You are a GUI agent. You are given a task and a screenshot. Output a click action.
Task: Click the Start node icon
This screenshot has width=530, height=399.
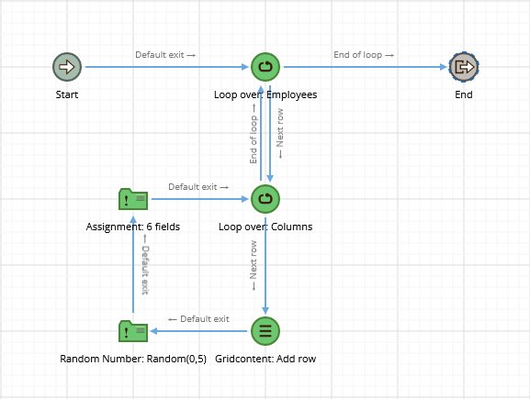point(67,67)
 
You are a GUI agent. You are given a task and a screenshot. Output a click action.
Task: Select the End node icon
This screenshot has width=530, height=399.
point(464,67)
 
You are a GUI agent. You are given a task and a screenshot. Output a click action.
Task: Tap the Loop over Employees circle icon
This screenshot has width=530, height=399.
point(265,67)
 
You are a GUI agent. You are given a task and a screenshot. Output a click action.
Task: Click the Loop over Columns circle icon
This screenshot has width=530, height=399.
point(265,199)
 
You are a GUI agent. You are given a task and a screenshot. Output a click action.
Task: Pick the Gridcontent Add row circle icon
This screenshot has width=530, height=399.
point(265,331)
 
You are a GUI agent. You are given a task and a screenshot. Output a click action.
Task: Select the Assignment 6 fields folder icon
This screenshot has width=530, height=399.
point(133,199)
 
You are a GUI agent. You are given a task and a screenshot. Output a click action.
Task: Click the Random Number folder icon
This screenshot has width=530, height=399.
point(133,331)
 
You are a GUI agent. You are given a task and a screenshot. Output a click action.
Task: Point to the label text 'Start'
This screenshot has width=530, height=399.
point(67,94)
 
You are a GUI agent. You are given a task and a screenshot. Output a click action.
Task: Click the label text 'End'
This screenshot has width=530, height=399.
point(464,94)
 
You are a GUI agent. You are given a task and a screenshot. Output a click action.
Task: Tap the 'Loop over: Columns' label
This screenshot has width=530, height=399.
point(265,227)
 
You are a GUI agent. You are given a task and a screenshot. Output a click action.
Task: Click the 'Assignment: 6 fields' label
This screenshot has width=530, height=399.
point(133,227)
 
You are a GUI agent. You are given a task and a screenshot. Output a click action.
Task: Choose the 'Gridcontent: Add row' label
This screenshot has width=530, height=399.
point(265,359)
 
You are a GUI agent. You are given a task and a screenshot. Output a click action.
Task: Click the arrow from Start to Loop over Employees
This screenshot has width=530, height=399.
point(167,67)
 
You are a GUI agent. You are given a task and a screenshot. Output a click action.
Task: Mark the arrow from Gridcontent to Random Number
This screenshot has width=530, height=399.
point(198,331)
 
